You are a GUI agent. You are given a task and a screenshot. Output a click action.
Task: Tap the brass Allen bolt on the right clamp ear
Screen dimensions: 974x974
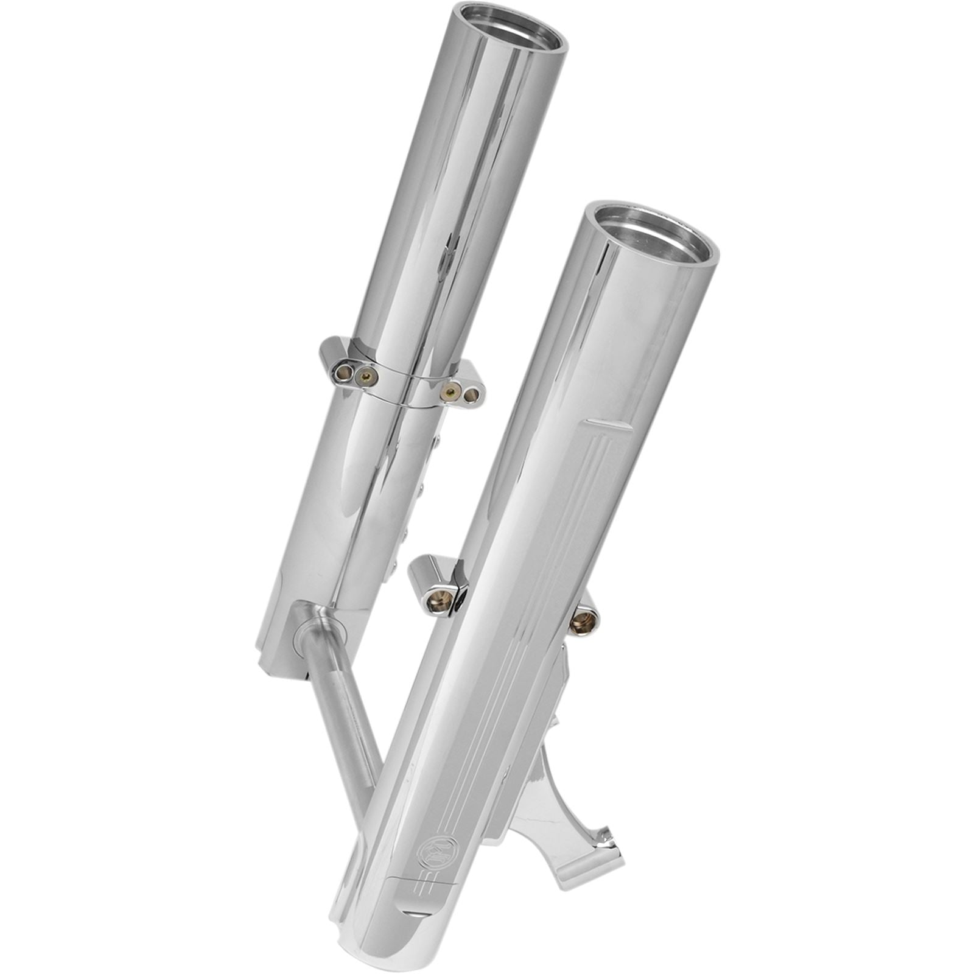[x=450, y=390]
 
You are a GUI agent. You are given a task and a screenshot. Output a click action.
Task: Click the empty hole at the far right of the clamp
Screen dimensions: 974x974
[x=471, y=395]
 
